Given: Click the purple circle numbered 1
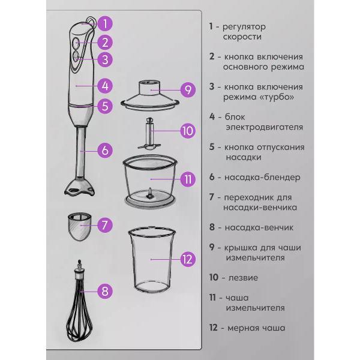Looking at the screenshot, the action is coord(105,23).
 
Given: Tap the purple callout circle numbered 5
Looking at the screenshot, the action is coord(105,106).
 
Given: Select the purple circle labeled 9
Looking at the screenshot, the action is coord(188,89).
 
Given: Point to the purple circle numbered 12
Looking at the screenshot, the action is coord(188,259).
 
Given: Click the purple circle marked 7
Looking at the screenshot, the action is coord(105,225).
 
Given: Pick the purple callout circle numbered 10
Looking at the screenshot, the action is coord(188,131).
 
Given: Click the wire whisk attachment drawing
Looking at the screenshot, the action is coord(79,301).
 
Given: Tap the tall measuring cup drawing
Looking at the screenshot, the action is coord(152,259).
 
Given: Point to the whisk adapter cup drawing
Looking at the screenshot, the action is coord(80,226).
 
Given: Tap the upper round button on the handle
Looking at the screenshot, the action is coord(76,43).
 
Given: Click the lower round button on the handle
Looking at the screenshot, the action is coord(76,56).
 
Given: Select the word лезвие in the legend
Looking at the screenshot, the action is coord(243,278).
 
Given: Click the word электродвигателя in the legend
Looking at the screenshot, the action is coord(264,127).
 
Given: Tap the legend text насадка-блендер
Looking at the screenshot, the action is coord(262,177).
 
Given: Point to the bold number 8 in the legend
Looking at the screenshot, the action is coord(212,227).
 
